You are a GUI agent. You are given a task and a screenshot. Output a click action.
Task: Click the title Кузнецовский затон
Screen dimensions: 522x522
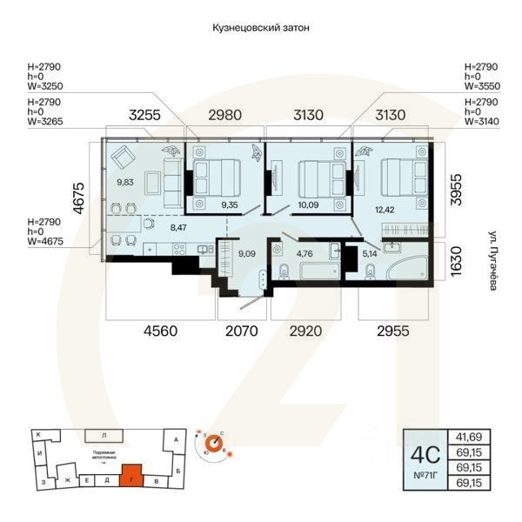[261, 28]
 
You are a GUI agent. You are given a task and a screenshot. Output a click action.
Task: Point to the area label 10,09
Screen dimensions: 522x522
[308, 206]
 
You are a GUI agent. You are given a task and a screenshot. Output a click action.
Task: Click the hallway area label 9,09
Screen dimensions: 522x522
[246, 255]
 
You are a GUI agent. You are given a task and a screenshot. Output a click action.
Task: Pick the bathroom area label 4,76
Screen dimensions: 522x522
[304, 255]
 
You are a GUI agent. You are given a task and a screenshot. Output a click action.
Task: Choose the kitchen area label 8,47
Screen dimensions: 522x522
[178, 227]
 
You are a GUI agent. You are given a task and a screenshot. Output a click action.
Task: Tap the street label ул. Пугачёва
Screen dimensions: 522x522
[492, 260]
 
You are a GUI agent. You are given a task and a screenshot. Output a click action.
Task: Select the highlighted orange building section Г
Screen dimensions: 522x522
[131, 477]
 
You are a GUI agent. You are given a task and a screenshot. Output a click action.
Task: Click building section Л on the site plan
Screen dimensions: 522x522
[104, 433]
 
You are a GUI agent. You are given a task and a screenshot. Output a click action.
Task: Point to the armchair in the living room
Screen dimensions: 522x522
[123, 157]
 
